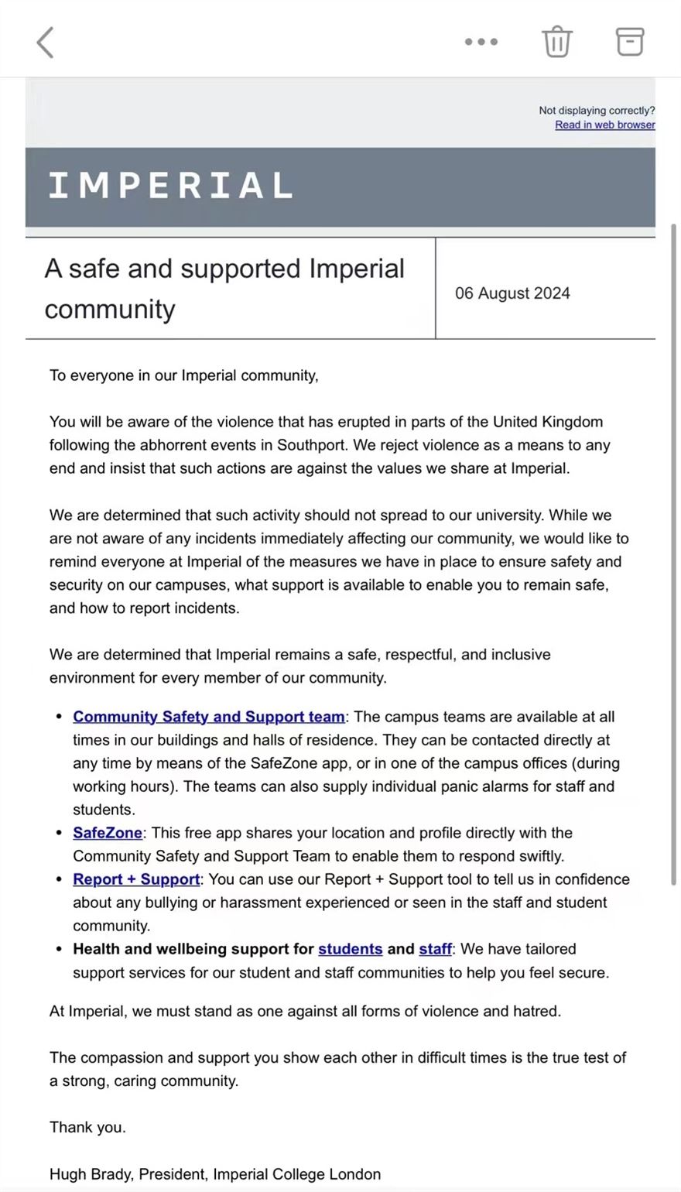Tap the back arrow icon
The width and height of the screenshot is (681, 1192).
[x=46, y=43]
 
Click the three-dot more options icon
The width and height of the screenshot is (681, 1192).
[x=481, y=42]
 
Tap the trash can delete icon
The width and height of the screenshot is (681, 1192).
[x=556, y=42]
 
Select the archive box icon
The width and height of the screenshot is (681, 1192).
[x=630, y=42]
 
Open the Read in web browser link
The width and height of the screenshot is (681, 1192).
[x=604, y=125]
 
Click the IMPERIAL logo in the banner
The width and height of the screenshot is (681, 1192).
[x=171, y=186]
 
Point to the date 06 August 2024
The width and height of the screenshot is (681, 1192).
[x=512, y=293]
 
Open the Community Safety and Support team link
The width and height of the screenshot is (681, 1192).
[x=209, y=717]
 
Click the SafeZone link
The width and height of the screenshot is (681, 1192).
[x=108, y=833]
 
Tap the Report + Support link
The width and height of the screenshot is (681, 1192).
[x=136, y=879]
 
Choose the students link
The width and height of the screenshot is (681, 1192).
[x=350, y=949]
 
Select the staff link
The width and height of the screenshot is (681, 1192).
[x=435, y=949]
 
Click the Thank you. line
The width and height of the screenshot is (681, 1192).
[x=87, y=1127]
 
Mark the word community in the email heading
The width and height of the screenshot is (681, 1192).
[x=110, y=309]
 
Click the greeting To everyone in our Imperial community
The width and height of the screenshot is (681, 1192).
[x=183, y=375]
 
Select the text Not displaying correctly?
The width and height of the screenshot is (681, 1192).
[x=597, y=111]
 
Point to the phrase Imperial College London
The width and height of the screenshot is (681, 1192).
[x=296, y=1174]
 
